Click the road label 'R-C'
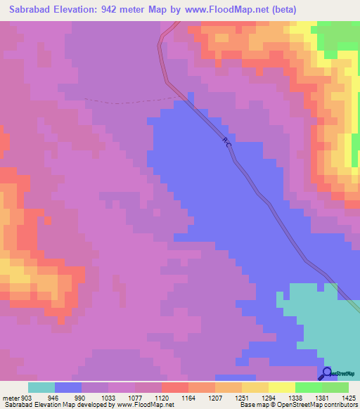pyautogui.click(x=226, y=143)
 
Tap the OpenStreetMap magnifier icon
pyautogui.click(x=326, y=372)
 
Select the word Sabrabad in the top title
pyautogui.click(x=32, y=10)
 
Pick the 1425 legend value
pyautogui.click(x=348, y=396)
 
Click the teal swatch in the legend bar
pyautogui.click(x=41, y=387)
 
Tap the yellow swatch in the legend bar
pyautogui.click(x=281, y=387)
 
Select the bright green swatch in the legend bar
pyautogui.click(x=308, y=387)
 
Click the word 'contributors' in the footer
pyautogui.click(x=338, y=405)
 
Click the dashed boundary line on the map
pyautogui.click(x=127, y=101)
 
